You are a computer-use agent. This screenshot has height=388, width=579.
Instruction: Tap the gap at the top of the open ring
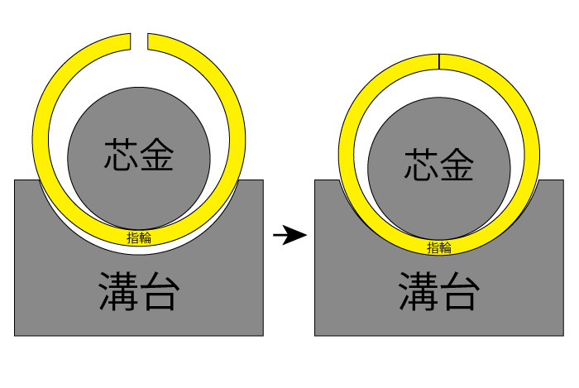click(x=140, y=41)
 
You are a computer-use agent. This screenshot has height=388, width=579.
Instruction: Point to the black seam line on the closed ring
click(x=439, y=61)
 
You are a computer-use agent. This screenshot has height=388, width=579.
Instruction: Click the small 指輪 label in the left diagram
click(x=139, y=238)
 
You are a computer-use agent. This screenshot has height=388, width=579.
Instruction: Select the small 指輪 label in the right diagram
click(x=439, y=247)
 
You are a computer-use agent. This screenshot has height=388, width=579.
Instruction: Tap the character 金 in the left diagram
click(x=157, y=154)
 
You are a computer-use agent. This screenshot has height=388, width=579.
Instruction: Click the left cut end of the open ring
click(x=131, y=41)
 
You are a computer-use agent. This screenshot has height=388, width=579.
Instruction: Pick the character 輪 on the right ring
click(x=445, y=247)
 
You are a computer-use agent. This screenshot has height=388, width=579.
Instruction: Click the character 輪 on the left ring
click(x=145, y=238)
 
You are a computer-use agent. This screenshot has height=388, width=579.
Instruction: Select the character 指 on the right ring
click(x=433, y=247)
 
